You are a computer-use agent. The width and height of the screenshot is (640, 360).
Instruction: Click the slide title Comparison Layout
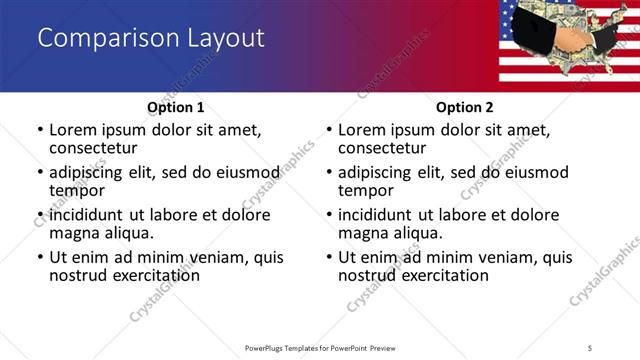(150, 39)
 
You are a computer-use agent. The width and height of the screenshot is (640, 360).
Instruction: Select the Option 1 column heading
(175, 107)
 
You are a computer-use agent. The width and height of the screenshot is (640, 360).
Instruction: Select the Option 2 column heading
(465, 107)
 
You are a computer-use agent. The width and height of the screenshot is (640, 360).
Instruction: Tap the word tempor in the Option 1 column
(76, 191)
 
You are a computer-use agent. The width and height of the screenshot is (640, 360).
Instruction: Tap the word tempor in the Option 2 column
(365, 191)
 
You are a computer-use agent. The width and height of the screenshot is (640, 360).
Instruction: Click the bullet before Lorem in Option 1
(39, 131)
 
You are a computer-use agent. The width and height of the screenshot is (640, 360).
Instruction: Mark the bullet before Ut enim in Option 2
(328, 257)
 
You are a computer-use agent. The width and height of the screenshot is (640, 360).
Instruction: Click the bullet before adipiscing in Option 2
(328, 173)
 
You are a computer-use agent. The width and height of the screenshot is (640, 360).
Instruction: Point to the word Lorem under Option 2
(363, 130)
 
